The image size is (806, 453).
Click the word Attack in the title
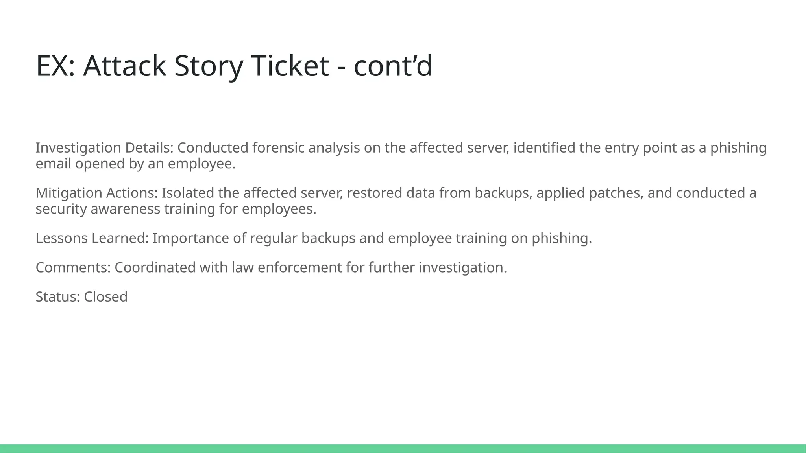pos(124,66)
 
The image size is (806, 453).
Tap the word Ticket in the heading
pos(290,66)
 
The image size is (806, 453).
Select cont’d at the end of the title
pos(393,66)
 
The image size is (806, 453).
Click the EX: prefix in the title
pos(55,66)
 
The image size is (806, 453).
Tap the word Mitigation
pos(69,193)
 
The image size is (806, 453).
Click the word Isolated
pos(185,193)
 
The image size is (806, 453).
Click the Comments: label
pos(73,267)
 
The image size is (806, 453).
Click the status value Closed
pos(105,296)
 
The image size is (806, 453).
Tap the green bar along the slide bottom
pos(403,448)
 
